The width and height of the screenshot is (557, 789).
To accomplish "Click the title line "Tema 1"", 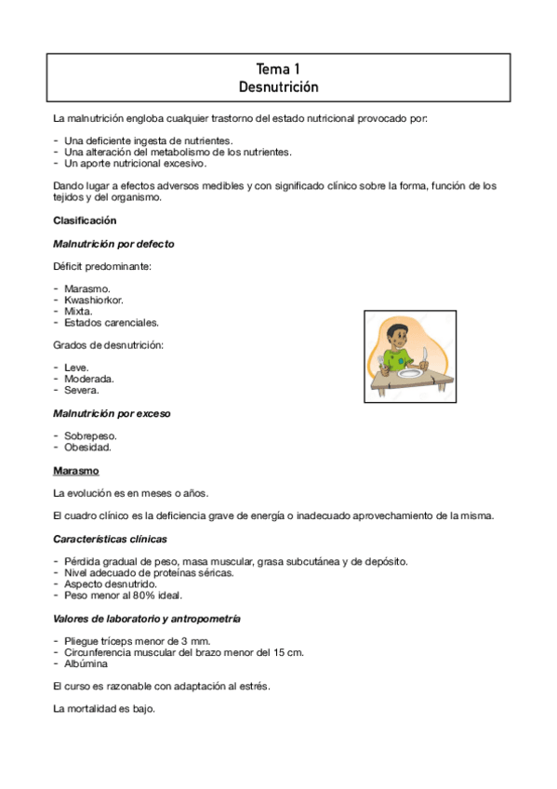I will (x=278, y=69).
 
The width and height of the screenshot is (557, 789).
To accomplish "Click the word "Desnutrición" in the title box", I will (x=278, y=87).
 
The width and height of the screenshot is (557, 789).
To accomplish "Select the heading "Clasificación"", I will (x=85, y=221).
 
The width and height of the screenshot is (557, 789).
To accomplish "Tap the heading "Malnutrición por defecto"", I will (x=113, y=244).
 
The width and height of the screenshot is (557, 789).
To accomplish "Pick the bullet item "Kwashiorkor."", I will (x=94, y=301).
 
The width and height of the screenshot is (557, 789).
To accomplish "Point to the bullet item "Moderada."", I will (x=89, y=379).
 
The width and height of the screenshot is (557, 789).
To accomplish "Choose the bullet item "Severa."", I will (x=84, y=390).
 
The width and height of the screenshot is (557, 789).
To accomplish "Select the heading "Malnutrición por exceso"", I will (x=112, y=412).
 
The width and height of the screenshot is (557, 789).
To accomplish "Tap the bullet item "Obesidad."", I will (x=87, y=447).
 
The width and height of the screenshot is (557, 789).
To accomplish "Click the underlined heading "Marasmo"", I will (x=76, y=470).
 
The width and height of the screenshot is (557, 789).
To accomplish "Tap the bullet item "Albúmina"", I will (x=86, y=663).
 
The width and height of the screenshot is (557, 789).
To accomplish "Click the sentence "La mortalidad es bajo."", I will (x=104, y=709).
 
